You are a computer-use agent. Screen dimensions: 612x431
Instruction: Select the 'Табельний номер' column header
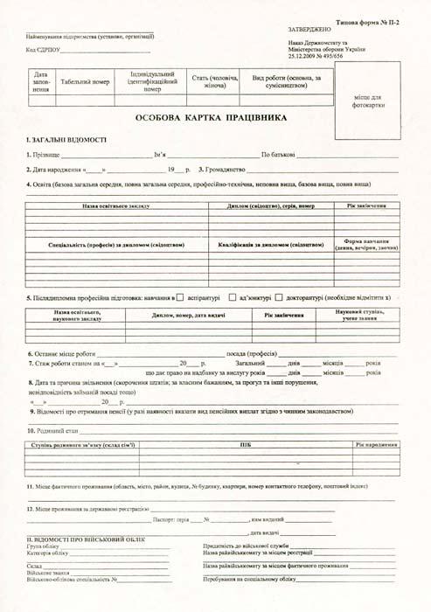point(86,81)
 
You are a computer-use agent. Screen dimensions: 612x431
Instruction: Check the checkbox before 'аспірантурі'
point(179,297)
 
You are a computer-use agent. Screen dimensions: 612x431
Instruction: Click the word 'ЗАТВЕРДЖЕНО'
point(311,30)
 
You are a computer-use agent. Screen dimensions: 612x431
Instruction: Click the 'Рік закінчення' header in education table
point(366,206)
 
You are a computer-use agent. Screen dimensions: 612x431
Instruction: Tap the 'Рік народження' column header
point(377,445)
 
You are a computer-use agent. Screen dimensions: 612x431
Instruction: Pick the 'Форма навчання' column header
point(366,243)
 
